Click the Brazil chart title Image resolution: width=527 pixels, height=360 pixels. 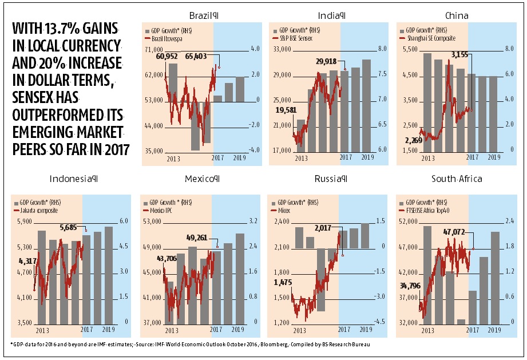203,15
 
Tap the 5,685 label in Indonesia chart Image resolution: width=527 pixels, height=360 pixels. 72,227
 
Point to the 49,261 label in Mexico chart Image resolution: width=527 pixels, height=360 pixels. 199,238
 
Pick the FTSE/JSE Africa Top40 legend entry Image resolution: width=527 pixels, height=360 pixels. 437,209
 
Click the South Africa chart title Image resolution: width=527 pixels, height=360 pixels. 457,179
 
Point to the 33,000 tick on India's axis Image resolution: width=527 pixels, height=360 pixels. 282,50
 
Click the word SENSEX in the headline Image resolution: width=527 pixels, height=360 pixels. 34,87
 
